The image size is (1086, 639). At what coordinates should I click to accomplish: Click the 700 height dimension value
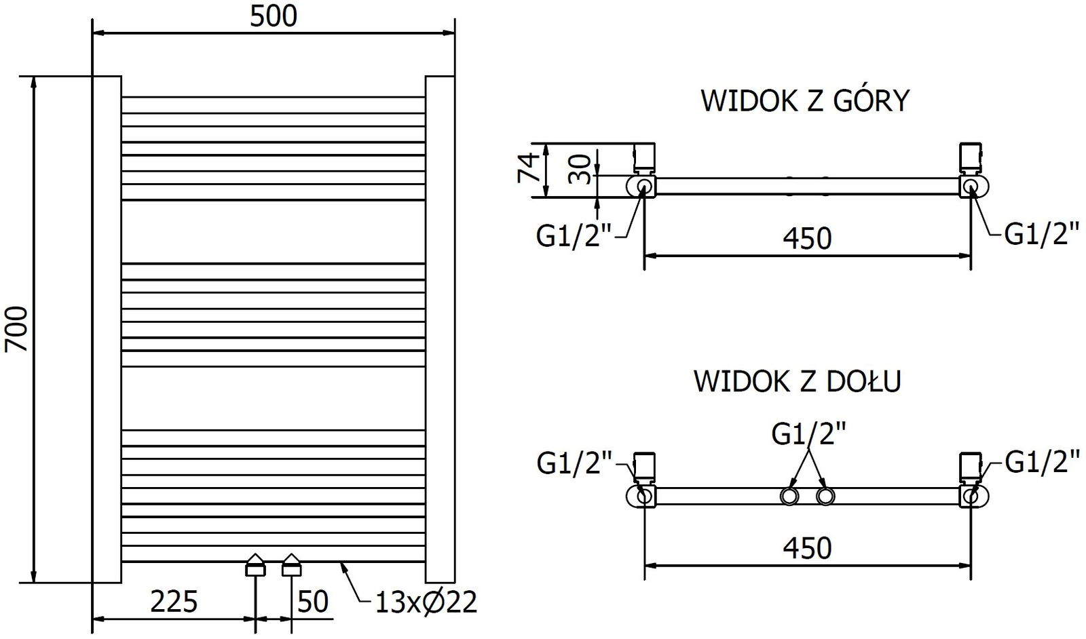click(x=16, y=329)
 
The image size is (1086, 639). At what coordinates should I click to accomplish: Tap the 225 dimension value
click(x=174, y=602)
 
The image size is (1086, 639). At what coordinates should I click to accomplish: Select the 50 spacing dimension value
click(x=313, y=602)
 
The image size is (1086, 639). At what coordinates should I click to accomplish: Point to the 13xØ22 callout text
click(x=426, y=602)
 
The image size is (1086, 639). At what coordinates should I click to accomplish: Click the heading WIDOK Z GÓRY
click(x=805, y=101)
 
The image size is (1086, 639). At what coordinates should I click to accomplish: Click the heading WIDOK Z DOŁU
click(x=797, y=381)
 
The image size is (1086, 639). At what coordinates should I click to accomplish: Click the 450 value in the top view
click(x=808, y=238)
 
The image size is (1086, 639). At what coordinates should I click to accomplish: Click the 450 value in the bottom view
click(x=808, y=547)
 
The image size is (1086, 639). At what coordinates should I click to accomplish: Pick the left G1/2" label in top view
click(x=574, y=236)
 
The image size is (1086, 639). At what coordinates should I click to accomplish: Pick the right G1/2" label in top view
click(x=1042, y=235)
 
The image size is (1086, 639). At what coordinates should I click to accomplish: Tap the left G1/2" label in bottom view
click(x=574, y=464)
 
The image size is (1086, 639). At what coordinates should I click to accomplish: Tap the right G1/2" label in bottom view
click(x=1042, y=463)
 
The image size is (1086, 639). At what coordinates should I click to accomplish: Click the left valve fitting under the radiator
click(x=255, y=564)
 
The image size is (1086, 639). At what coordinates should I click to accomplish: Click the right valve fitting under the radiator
click(x=291, y=564)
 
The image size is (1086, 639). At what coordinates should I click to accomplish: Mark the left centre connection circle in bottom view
click(x=789, y=497)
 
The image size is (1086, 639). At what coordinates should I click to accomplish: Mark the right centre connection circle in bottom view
click(x=825, y=497)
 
